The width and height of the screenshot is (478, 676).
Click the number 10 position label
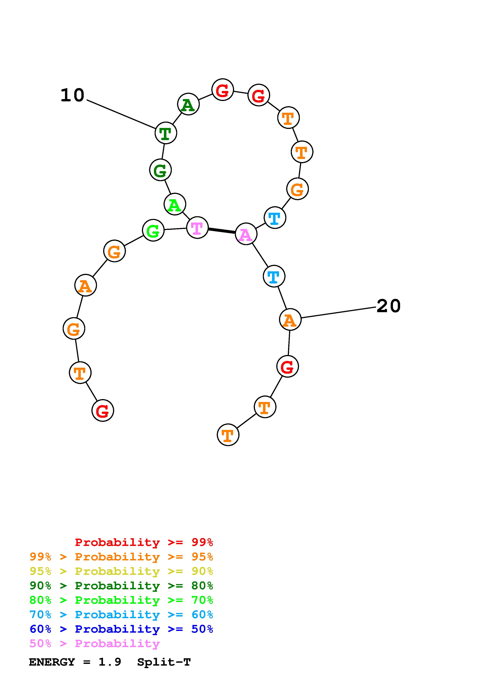(x=73, y=96)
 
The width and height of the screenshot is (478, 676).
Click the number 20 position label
(x=389, y=306)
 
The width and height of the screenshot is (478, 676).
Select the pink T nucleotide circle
(x=197, y=228)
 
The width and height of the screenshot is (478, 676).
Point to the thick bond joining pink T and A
(x=222, y=231)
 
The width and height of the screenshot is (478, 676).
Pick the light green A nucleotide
(x=175, y=204)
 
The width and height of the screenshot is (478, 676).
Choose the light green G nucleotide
(x=153, y=230)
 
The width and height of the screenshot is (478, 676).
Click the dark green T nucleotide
(x=166, y=133)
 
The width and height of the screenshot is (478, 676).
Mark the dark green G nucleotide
(x=160, y=170)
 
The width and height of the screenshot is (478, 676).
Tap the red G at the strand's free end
(x=103, y=410)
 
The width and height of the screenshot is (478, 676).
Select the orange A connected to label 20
(x=290, y=320)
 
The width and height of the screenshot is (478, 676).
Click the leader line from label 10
(x=121, y=114)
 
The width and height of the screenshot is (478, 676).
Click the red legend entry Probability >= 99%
(x=144, y=542)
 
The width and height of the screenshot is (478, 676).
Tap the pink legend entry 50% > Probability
(x=94, y=644)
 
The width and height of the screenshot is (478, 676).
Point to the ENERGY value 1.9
(x=110, y=662)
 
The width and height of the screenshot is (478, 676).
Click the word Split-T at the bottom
(x=164, y=662)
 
